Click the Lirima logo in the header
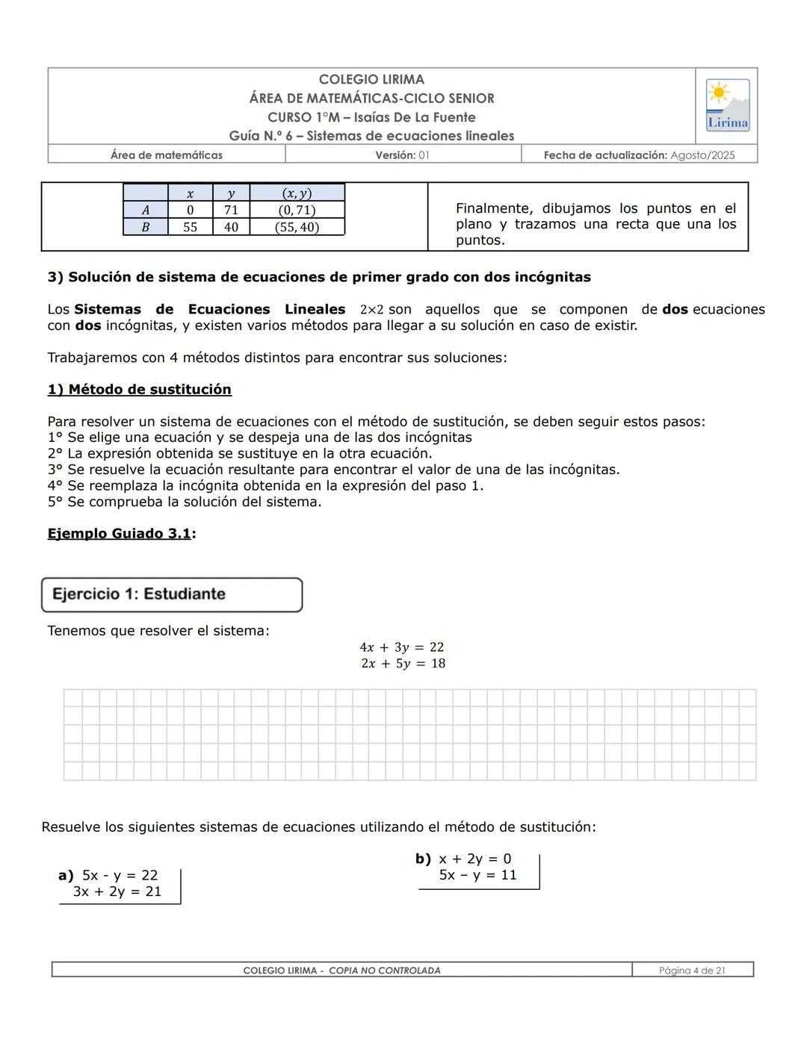pos(727,105)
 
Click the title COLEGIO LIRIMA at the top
pos(371,79)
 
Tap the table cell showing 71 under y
pos(231,211)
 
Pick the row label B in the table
pos(145,227)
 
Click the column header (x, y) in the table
pos(297,193)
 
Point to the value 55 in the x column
pos(191,227)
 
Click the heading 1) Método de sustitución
pos(139,390)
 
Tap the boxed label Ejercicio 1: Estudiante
pos(139,594)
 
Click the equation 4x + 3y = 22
pos(402,647)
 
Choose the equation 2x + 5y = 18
pos(403,664)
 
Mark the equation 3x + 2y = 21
pos(117,891)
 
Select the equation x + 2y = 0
pos(475,859)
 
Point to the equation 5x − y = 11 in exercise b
pos(477,875)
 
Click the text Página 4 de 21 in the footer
pos(692,971)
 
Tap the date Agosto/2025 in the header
pos(702,155)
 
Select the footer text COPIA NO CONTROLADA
pos(384,971)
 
